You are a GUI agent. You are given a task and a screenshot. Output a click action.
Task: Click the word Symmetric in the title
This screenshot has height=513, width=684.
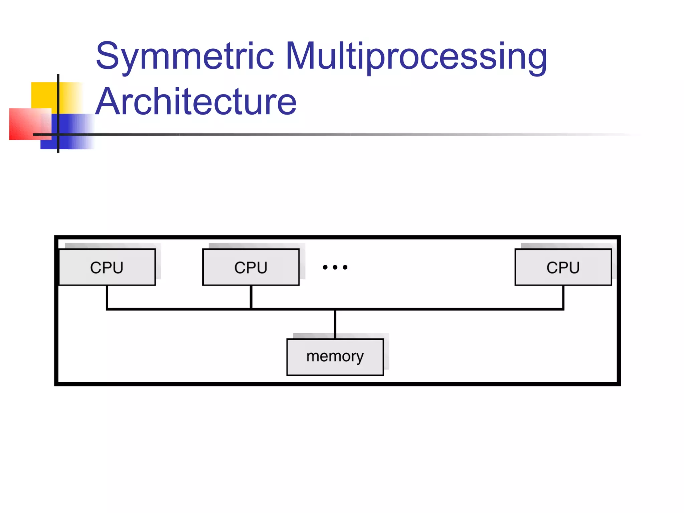point(184,56)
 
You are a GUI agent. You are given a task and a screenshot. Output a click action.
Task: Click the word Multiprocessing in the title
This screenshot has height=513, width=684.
point(416,56)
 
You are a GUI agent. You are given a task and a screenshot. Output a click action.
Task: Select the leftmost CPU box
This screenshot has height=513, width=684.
point(107,267)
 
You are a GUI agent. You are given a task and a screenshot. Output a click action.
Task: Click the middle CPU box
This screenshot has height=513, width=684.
point(251,267)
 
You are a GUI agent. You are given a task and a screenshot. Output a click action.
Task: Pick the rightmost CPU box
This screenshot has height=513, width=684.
point(563,267)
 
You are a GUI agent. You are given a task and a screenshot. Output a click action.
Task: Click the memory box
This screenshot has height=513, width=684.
point(335,357)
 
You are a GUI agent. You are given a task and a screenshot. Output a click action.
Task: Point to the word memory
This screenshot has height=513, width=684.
point(335,356)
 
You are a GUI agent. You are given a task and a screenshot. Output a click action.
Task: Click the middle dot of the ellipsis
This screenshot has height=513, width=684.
point(335,267)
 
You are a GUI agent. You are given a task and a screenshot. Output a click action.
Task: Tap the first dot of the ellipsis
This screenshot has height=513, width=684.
point(325,267)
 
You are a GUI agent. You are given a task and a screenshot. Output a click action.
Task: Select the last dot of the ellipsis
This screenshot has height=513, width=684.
point(345,267)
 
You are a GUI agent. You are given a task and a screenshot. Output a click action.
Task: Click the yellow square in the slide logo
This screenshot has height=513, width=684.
point(43,95)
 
